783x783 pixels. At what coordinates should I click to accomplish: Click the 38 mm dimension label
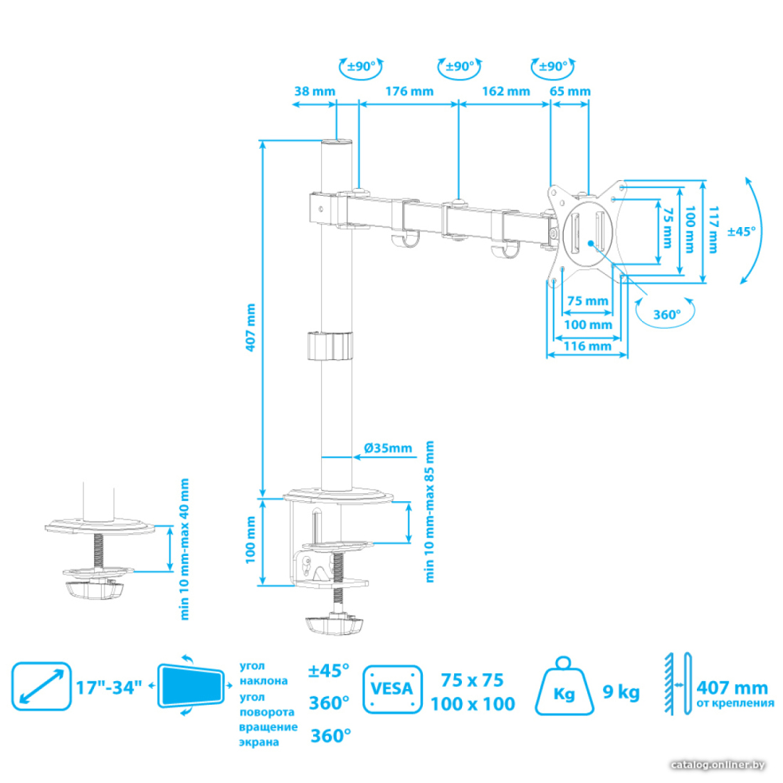pos(315,91)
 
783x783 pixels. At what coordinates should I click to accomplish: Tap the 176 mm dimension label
pos(409,91)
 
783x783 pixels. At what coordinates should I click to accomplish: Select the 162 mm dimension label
pos(506,91)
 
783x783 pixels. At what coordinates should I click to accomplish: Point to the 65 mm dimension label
pos(569,91)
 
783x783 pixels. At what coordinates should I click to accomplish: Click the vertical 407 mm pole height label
pos(251,327)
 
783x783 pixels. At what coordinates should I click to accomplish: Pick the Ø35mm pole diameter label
pos(388,448)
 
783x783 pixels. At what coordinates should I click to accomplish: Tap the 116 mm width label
pos(587,346)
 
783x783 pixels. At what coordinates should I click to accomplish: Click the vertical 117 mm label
pos(713,230)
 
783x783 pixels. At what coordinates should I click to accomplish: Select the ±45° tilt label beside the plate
pos(742,231)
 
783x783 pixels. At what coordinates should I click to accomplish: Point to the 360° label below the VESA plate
pos(667,315)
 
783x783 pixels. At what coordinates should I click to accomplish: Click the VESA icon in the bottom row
pos(392,689)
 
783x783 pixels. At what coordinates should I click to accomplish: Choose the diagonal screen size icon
pos(41,686)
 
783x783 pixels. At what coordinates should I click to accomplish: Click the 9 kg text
pos(621,692)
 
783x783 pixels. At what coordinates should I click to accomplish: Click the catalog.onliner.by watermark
pos(718,765)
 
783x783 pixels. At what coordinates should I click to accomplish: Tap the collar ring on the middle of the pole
pos(330,345)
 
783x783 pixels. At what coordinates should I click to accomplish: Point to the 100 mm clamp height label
pos(251,540)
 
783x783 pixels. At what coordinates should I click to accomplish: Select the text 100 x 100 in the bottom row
pos(473,703)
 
